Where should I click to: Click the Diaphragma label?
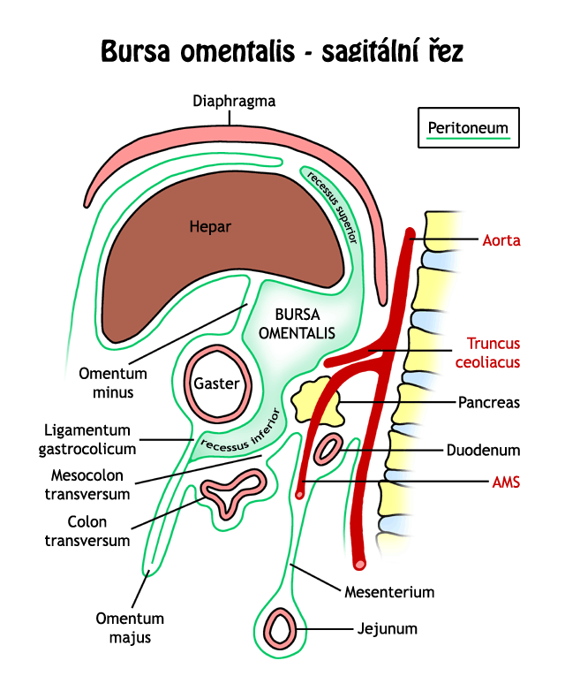[x=234, y=101]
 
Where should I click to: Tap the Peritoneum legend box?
[x=469, y=129]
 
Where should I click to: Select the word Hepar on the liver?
[x=210, y=227]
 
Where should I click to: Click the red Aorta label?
[x=501, y=239]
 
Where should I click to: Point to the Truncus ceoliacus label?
[x=493, y=352]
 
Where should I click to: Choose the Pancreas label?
[x=488, y=402]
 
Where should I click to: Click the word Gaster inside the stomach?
[x=216, y=385]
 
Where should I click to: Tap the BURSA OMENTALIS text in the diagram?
[x=305, y=323]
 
